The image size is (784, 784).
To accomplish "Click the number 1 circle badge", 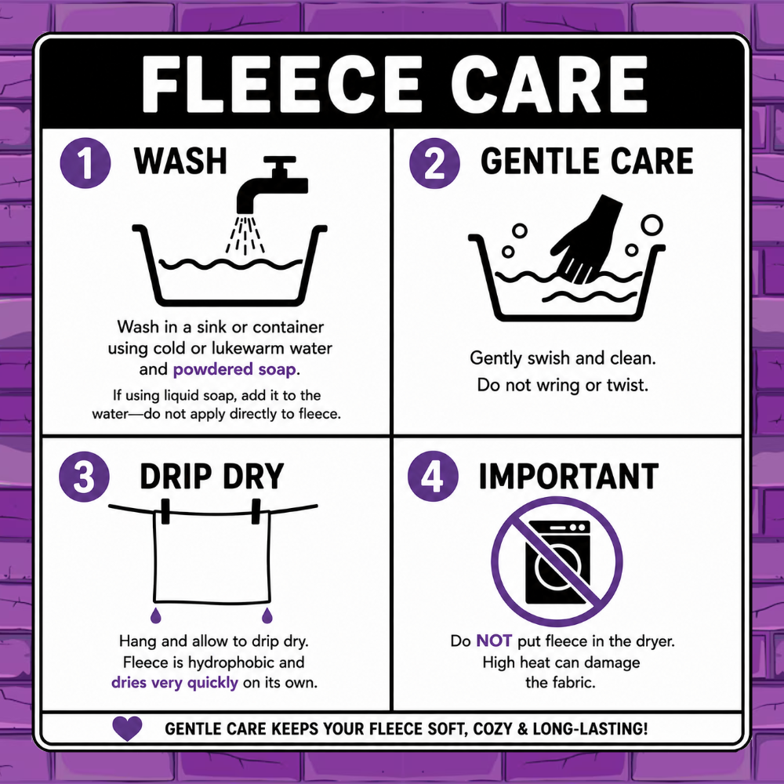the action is tap(85, 163).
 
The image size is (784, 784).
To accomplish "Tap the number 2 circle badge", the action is tap(434, 163).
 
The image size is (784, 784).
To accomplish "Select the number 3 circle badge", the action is tap(84, 477).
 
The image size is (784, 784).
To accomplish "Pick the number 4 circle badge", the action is tap(433, 477).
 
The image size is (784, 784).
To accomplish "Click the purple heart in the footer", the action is tap(127, 728).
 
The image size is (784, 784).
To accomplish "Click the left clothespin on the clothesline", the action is tap(165, 511).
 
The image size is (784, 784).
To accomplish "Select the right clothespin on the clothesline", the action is tap(256, 511).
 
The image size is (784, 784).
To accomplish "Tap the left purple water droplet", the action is tap(156, 615).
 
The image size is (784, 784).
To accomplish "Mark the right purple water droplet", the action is tap(267, 615).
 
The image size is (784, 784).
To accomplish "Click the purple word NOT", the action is tap(494, 641).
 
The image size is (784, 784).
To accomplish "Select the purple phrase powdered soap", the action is tap(234, 369).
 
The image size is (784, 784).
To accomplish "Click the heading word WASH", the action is tap(180, 161).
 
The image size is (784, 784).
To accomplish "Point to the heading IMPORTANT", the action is tap(568, 477).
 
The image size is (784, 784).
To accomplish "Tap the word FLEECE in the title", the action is tap(281, 83).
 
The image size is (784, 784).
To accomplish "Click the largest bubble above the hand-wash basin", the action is tap(652, 225).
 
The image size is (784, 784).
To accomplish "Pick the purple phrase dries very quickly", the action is tap(175, 683).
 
